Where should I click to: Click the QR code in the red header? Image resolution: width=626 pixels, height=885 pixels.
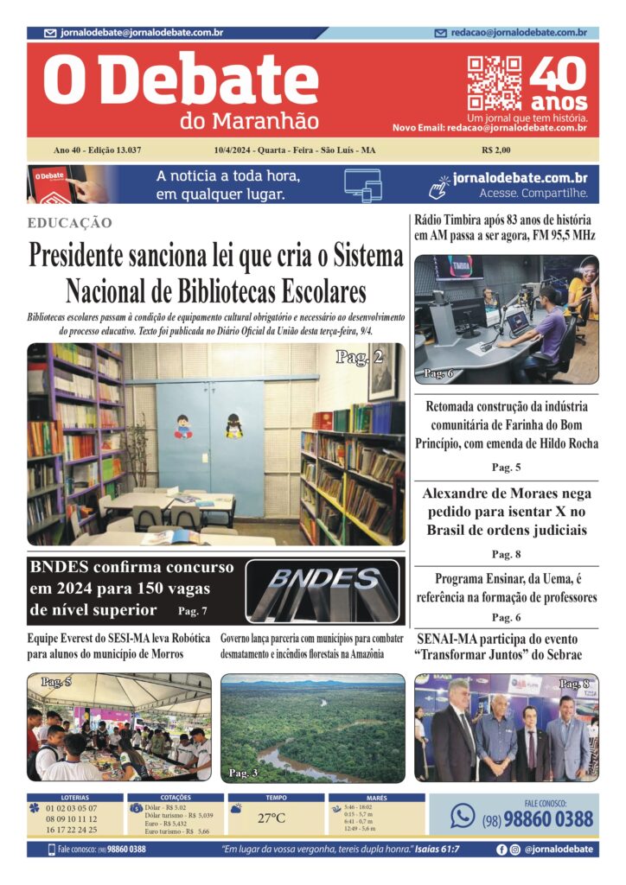(495, 84)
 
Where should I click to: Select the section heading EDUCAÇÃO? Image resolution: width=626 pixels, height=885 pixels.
(70, 223)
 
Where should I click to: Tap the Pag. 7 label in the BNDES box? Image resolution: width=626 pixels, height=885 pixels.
(192, 611)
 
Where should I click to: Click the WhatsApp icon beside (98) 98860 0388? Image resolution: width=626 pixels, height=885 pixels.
(463, 815)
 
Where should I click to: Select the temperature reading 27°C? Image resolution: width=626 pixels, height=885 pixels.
(271, 818)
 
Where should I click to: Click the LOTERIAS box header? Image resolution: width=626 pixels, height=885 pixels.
(74, 798)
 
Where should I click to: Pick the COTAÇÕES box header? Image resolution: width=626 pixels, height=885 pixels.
(176, 798)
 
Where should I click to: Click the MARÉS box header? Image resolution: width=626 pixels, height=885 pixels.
(376, 798)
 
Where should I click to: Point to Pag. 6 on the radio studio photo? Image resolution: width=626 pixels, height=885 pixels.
(438, 373)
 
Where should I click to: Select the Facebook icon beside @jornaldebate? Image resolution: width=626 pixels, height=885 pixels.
(501, 850)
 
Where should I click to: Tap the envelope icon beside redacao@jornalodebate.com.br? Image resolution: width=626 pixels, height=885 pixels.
(441, 33)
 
